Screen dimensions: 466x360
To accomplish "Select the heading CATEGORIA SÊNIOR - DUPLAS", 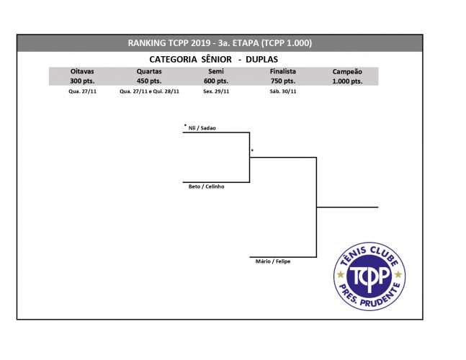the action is [214, 60].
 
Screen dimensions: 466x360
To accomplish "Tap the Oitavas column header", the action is [82, 71].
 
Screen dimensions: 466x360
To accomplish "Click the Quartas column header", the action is [149, 71].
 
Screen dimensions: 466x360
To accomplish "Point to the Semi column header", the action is [216, 71].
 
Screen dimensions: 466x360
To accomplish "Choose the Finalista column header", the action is [283, 71].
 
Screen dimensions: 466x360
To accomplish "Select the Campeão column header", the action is [347, 71].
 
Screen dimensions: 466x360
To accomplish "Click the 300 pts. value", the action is [82, 81].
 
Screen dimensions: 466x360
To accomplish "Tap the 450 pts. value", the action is [149, 81].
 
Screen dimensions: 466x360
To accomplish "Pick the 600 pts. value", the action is [216, 81].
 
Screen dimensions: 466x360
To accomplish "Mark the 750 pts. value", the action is [283, 81].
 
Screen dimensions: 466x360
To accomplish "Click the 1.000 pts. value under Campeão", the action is [347, 81].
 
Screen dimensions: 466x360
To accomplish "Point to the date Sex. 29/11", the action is [216, 91].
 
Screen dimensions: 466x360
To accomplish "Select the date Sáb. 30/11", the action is [283, 91].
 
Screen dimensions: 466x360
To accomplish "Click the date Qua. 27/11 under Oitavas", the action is [82, 91].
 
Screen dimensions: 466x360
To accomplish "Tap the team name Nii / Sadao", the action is [202, 128].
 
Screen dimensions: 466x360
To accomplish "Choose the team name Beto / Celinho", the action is [206, 186].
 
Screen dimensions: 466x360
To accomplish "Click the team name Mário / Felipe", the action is [273, 261].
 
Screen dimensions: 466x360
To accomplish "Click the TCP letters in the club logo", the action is [369, 276].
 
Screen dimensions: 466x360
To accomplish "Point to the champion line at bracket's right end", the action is [347, 207].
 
